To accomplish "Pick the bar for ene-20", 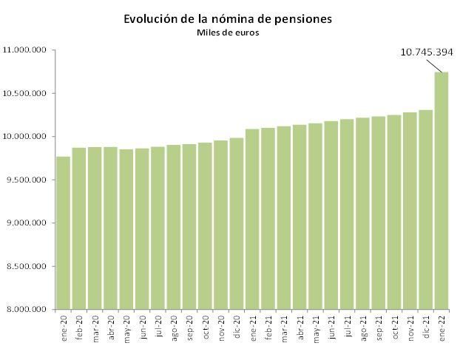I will click(x=64, y=233).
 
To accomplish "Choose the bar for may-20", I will click(x=126, y=229).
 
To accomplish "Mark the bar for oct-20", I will click(x=206, y=225).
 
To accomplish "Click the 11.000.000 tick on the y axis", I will click(x=26, y=50).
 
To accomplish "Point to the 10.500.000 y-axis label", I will click(x=26, y=93).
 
